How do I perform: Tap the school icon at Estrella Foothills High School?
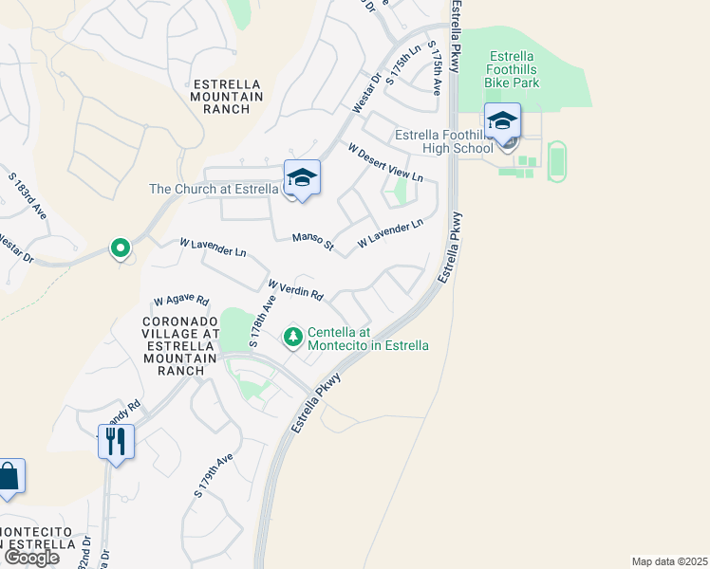502,120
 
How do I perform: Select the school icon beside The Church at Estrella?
302,177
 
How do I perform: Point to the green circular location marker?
120,248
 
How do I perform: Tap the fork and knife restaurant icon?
116,441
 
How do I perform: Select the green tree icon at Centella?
293,336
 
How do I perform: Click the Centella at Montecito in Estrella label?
368,339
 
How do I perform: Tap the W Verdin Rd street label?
296,289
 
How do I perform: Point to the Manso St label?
312,242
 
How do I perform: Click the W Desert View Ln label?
384,162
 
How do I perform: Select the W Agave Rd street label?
180,300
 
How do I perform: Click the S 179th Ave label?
214,475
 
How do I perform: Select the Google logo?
30,558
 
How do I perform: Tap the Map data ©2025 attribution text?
670,561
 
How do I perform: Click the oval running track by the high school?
556,159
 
